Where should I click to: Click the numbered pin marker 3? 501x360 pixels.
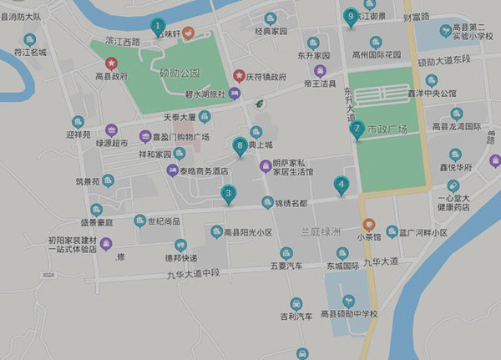(228, 195)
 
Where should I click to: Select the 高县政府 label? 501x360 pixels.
(111, 76)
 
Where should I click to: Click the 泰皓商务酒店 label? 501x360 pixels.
(204, 170)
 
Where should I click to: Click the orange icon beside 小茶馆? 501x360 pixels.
(368, 224)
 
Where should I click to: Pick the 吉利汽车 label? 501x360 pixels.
(296, 317)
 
